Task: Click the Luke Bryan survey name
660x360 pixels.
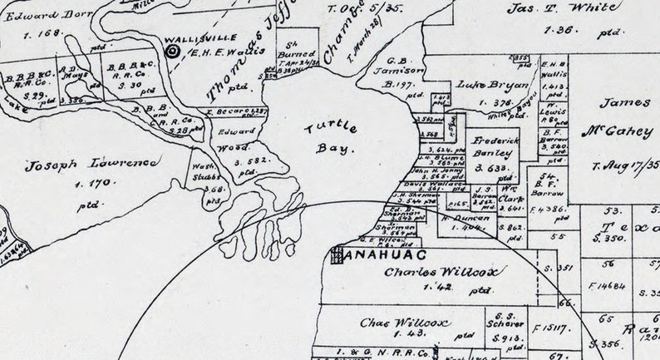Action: pos(482,86)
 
